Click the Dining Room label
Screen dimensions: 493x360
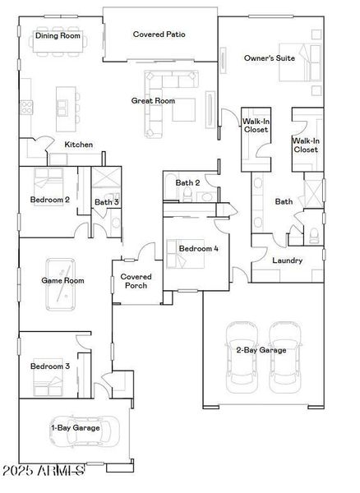point(58,36)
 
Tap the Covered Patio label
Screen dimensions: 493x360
point(159,35)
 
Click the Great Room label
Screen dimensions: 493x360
point(154,101)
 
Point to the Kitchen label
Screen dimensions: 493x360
point(79,145)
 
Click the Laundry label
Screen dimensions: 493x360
point(287,260)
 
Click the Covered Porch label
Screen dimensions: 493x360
point(134,281)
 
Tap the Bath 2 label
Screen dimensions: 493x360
point(187,182)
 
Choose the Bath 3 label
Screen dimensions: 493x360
point(106,201)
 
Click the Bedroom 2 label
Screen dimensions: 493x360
point(49,200)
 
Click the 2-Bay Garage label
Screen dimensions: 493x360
point(261,351)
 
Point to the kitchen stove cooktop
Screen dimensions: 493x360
point(25,105)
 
